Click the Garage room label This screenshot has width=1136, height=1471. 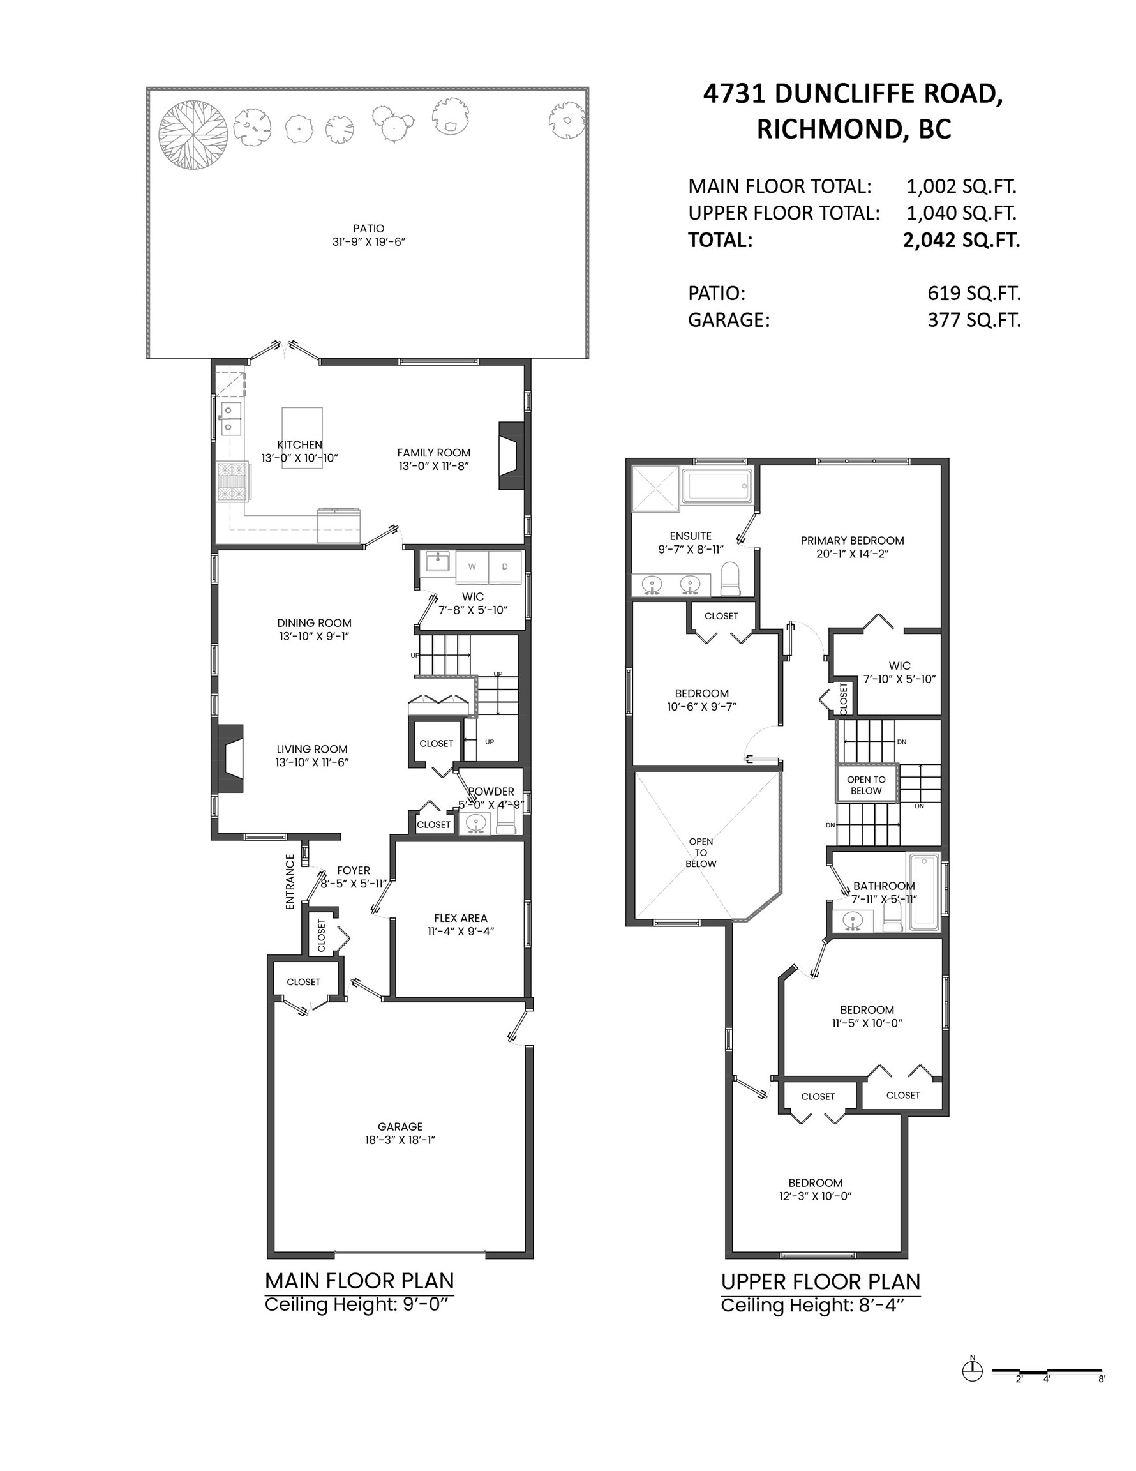pos(400,1126)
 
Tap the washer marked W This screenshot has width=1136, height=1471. pos(472,566)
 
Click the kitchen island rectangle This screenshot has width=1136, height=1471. pos(302,437)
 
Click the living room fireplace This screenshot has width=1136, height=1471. pos(230,758)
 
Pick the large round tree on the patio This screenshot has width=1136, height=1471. pos(193,135)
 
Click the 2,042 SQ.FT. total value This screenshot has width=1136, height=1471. pos(961,240)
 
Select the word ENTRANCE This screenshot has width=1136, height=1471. pos(290,882)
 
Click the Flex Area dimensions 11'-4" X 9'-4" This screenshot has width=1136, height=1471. pos(461,932)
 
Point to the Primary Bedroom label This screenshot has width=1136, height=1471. pos(852,540)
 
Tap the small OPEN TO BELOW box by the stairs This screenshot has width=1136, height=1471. pos(866,785)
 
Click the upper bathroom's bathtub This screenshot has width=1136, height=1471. pos(924,892)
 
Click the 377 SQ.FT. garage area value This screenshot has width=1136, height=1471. pos(974,320)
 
